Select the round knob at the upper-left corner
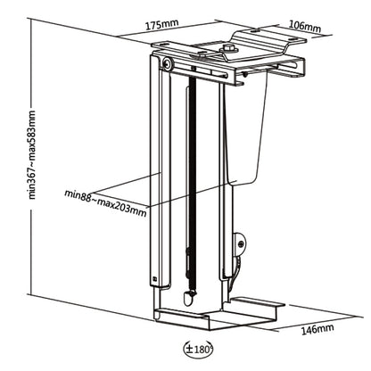coord(168,64)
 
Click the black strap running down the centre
coord(187,178)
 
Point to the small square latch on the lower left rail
coord(157,278)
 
